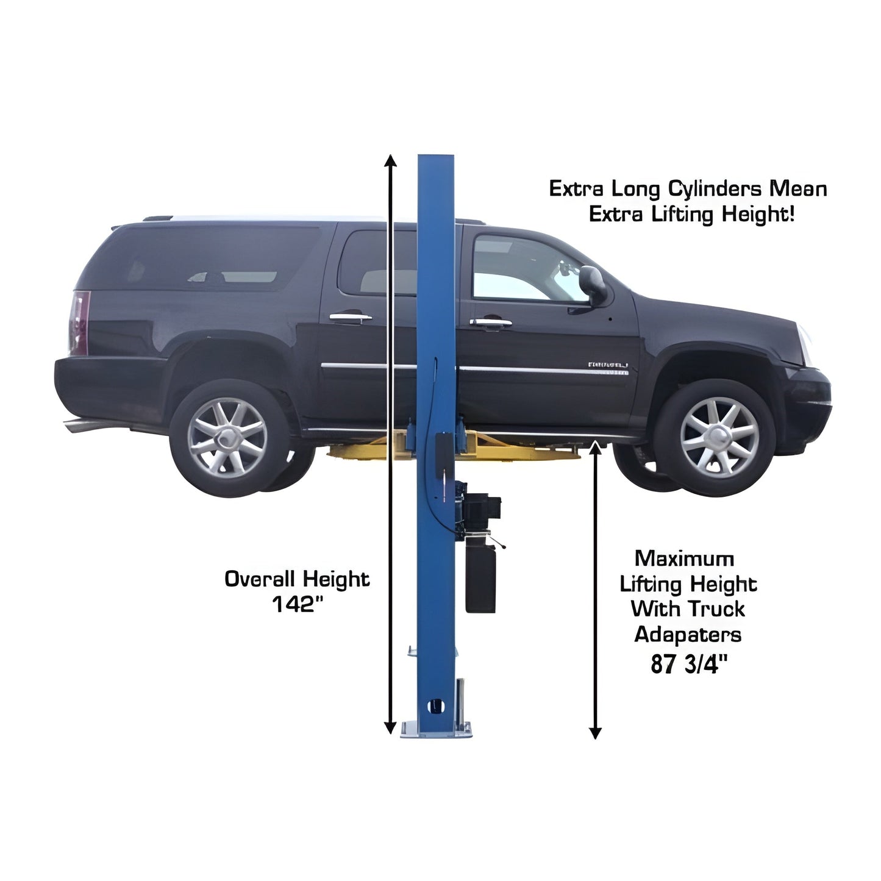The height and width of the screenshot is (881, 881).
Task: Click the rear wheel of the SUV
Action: (227, 437)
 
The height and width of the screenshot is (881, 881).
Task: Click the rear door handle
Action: (350, 317)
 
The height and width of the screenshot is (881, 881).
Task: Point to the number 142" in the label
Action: (296, 604)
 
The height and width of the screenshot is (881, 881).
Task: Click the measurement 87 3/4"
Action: (689, 663)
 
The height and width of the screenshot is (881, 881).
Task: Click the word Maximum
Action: (684, 558)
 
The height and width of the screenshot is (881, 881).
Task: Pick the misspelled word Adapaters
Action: (688, 635)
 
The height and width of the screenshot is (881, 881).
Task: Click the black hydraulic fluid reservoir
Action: (480, 580)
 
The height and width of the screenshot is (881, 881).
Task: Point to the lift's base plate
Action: (436, 730)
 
